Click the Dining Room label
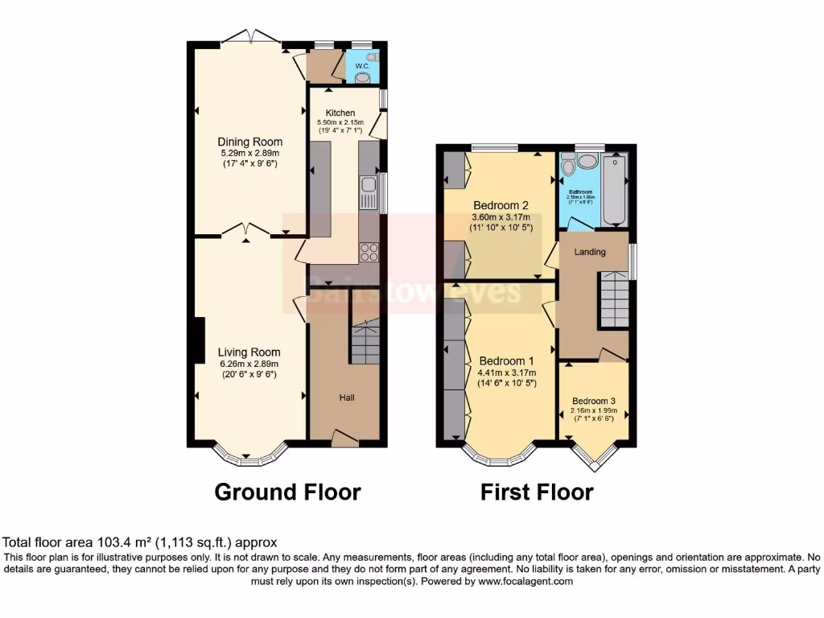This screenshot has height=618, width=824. (x=250, y=142)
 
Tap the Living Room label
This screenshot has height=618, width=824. (x=249, y=352)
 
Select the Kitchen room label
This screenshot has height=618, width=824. (x=340, y=113)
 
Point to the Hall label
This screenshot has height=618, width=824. (x=347, y=398)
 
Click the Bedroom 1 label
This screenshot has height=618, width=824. (x=507, y=360)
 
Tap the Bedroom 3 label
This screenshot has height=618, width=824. (x=595, y=401)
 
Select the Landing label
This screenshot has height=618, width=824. (x=590, y=252)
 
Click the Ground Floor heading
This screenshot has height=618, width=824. (x=287, y=491)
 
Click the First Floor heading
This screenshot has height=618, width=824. (x=537, y=491)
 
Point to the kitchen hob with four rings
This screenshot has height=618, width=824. (x=369, y=252)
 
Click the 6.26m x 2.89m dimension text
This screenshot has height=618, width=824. (x=249, y=363)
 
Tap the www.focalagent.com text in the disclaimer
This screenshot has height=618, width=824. (x=527, y=581)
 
